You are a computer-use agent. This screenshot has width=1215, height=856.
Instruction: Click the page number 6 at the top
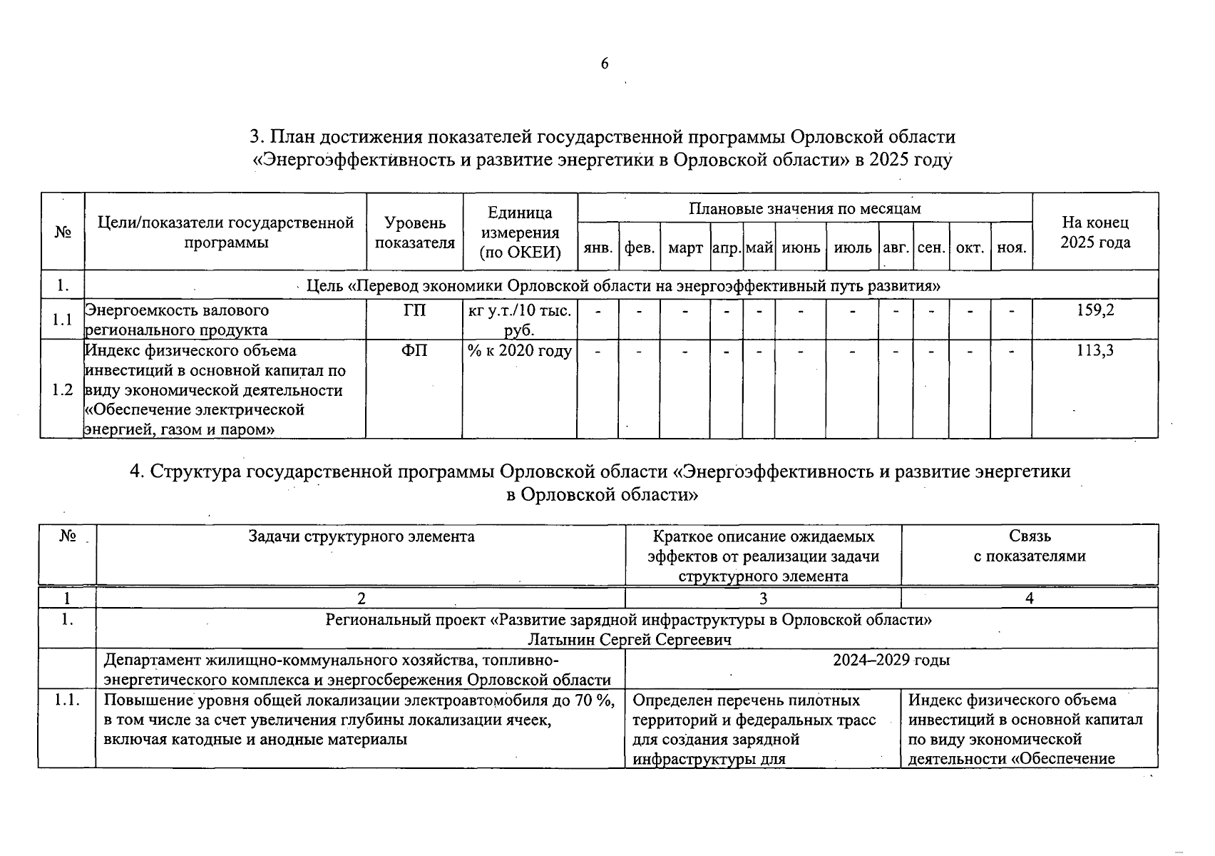click(x=605, y=64)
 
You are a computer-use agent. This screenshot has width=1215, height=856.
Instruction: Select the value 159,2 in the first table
click(x=1095, y=310)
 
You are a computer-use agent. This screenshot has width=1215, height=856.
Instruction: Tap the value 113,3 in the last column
click(x=1095, y=350)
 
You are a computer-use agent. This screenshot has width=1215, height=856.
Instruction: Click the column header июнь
click(x=801, y=248)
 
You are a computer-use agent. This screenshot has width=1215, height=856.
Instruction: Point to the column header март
click(x=685, y=248)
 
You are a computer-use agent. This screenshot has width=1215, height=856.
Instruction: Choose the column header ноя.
click(x=1011, y=248)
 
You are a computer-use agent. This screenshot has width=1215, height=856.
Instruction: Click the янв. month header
click(x=598, y=248)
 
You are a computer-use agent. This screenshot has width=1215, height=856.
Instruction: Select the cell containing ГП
click(x=414, y=310)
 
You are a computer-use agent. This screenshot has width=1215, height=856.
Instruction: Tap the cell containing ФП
click(x=414, y=350)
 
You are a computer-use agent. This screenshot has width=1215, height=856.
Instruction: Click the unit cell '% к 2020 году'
click(x=520, y=351)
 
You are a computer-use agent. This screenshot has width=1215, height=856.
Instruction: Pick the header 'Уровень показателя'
click(x=414, y=233)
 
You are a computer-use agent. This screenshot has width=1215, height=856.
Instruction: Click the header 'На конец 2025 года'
click(x=1095, y=233)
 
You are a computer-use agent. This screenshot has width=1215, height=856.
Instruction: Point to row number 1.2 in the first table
click(x=62, y=389)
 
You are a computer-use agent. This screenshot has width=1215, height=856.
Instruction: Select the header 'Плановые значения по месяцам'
click(x=804, y=208)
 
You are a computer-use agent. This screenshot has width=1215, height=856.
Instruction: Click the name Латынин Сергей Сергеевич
click(x=629, y=639)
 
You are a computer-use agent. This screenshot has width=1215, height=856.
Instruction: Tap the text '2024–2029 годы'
click(x=891, y=660)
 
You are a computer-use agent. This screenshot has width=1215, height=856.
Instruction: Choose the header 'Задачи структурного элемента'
click(x=361, y=536)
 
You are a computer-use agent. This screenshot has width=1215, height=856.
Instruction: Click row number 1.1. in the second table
click(x=67, y=700)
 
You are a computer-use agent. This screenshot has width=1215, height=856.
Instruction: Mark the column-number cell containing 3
click(x=763, y=598)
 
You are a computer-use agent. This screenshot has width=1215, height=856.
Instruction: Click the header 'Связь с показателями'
click(x=1030, y=546)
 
